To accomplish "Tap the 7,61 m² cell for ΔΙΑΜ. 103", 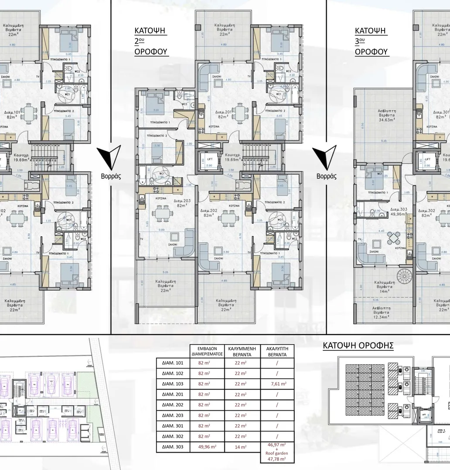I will point(277,383).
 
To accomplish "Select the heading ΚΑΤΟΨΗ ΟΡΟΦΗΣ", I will point(358,346).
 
